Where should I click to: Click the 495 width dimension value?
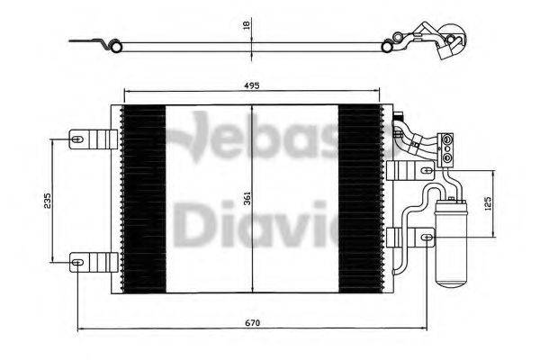click(251, 85)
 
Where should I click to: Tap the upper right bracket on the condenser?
click(396, 171)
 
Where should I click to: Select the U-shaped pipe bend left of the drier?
click(410, 217)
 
